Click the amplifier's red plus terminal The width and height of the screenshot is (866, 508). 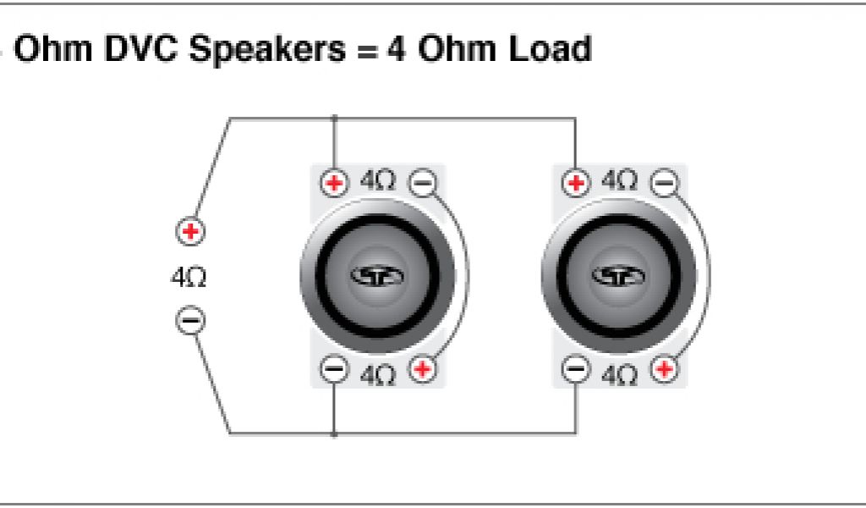point(190,230)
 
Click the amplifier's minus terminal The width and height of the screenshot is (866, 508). point(190,321)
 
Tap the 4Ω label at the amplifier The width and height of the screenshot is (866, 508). point(189,277)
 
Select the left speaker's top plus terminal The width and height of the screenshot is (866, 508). point(335,182)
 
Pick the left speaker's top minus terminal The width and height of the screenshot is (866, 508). point(423,182)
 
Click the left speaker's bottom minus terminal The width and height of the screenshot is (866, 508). point(335,369)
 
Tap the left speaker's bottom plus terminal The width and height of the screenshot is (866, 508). point(423,369)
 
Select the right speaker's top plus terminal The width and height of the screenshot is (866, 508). point(577,182)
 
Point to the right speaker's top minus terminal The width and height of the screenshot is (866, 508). point(666,182)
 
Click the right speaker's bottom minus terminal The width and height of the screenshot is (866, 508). point(577,369)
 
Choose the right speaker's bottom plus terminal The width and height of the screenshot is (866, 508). point(666,369)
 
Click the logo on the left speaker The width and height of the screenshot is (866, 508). point(378,276)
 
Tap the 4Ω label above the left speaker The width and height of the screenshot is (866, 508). point(378,181)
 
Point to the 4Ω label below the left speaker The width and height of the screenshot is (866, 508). point(378,373)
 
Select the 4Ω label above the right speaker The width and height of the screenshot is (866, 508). point(620,181)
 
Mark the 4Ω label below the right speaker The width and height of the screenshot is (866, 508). point(620,373)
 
